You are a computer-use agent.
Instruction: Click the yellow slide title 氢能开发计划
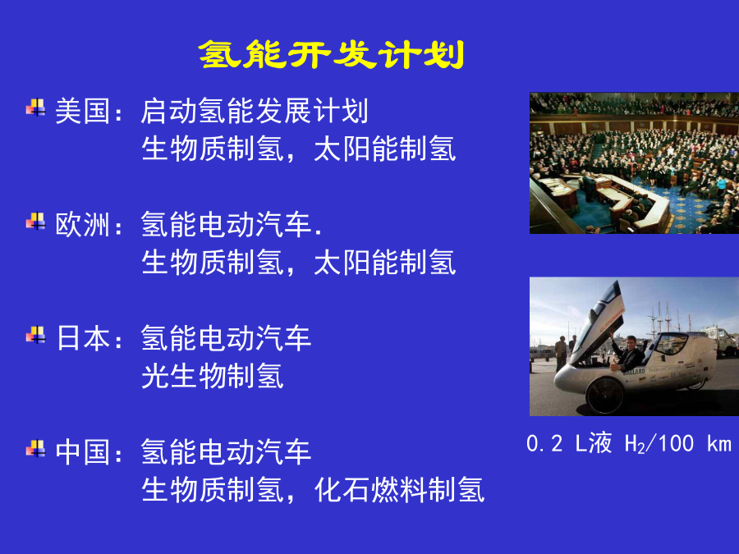tap(332, 54)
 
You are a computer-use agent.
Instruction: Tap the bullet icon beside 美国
tap(36, 108)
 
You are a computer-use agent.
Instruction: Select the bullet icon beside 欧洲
tap(36, 222)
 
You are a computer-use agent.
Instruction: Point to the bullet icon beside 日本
tap(36, 335)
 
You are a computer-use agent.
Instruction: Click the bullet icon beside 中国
tap(36, 448)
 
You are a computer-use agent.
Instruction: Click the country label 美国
tap(83, 111)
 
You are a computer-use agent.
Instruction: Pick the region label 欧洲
tap(83, 225)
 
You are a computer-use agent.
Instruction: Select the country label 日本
tap(83, 338)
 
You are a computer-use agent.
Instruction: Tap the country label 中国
tap(83, 451)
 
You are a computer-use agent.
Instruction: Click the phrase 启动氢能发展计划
tap(255, 111)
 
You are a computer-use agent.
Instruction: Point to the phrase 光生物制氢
tap(213, 376)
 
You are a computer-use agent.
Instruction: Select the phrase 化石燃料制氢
tap(399, 490)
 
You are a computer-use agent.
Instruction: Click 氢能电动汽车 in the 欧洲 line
tap(226, 225)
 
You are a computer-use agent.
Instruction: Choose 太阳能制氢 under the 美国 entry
tap(385, 149)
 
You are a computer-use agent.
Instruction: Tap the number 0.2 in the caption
tap(544, 444)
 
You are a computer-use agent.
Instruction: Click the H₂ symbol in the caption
tap(635, 444)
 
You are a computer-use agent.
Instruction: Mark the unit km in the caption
tap(719, 444)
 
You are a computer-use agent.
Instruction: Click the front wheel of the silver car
tap(604, 396)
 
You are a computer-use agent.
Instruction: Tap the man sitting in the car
tap(627, 353)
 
